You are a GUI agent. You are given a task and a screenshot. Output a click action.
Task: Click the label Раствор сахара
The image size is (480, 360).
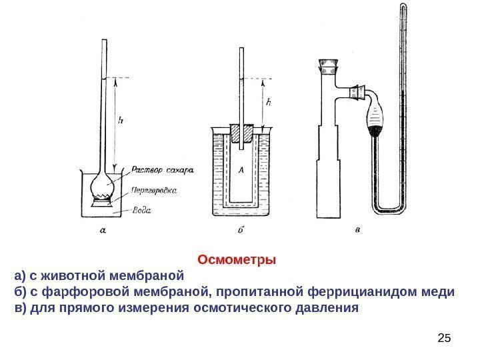(161, 169)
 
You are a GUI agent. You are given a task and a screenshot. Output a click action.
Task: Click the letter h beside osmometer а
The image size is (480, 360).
(121, 121)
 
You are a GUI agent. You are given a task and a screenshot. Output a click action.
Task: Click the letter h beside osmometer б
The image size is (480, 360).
(268, 103)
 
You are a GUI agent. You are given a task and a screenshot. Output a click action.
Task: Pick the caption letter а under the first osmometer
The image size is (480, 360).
(103, 231)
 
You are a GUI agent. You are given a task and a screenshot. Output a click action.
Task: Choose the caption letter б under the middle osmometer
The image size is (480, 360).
(241, 230)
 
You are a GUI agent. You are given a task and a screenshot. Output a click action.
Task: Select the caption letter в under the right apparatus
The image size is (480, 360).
(359, 230)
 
